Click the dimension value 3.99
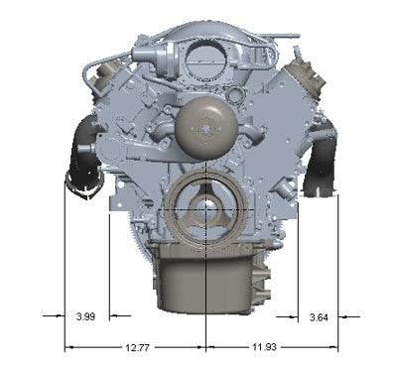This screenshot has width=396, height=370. point(85,316)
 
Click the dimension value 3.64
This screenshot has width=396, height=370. point(319,317)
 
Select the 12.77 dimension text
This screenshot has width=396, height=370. point(137,348)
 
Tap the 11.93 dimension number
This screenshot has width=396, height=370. point(264,347)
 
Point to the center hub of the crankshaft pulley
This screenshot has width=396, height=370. point(206,209)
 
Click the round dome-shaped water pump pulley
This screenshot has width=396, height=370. point(206,127)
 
